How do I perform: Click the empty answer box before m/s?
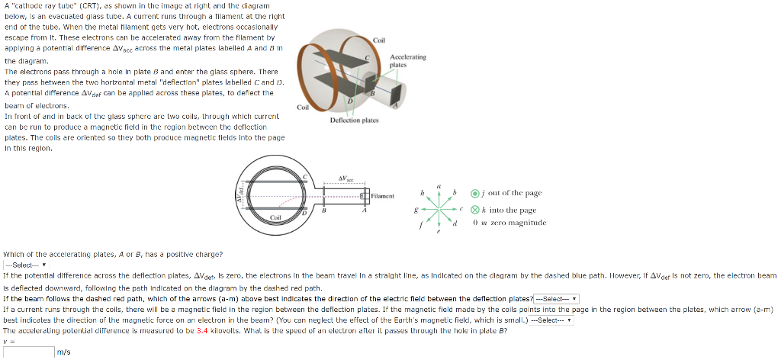(x=27, y=352)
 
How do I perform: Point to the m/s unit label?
(x=64, y=352)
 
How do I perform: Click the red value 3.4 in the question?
(x=202, y=332)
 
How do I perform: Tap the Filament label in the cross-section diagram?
(x=384, y=196)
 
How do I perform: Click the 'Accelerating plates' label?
(x=408, y=61)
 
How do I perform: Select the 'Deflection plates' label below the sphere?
(x=355, y=121)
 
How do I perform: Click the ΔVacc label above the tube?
(x=347, y=177)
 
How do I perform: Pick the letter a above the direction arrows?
(x=439, y=185)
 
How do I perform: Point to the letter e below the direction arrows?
(x=439, y=235)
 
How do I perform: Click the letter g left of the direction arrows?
(x=415, y=209)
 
